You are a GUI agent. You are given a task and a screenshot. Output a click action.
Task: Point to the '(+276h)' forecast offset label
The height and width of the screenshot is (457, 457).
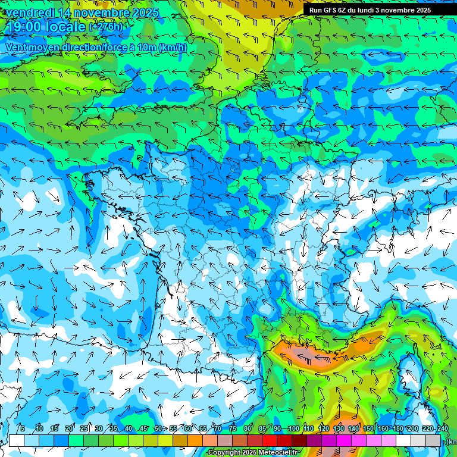(x=106, y=27)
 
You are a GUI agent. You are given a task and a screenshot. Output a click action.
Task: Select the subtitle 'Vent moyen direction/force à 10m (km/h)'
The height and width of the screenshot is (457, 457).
(x=96, y=47)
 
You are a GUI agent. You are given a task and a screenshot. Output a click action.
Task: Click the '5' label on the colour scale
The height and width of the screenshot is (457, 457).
(x=22, y=429)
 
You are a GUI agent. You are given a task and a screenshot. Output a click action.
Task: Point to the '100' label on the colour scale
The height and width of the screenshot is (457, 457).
(x=293, y=429)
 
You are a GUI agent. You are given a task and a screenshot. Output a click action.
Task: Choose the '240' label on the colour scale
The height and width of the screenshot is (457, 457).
(x=442, y=429)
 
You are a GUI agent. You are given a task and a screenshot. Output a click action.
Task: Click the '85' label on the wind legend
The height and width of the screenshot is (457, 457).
(x=262, y=429)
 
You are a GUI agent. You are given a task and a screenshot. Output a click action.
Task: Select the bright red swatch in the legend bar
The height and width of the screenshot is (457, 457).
(x=270, y=440)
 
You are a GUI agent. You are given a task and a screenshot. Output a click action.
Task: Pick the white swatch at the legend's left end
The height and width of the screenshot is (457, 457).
(x=17, y=440)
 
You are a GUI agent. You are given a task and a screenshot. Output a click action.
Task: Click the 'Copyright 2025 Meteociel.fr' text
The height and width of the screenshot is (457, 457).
(x=252, y=453)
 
